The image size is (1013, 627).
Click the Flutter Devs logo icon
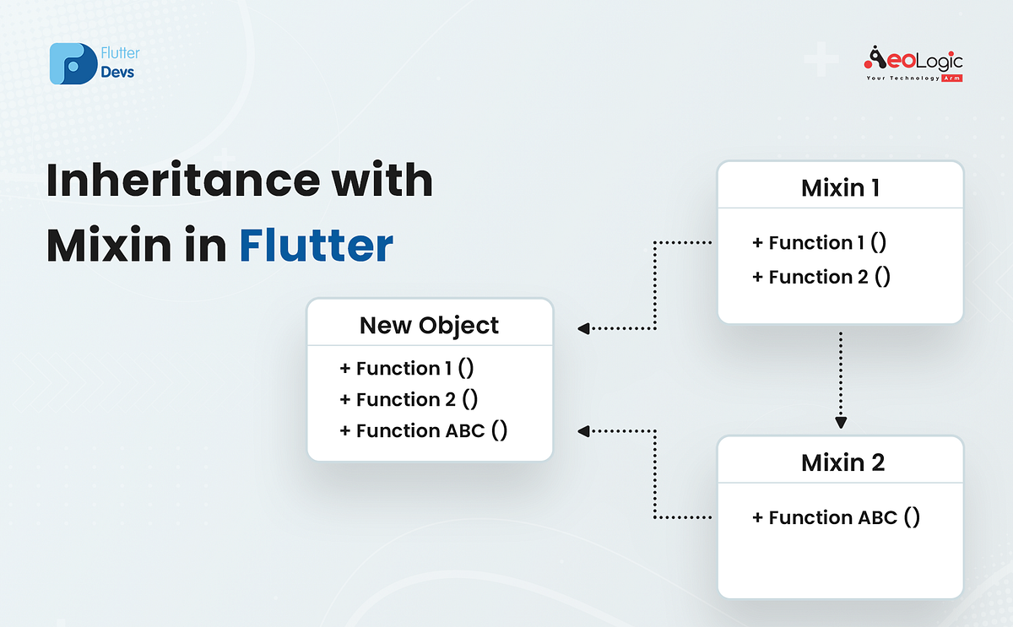(73, 63)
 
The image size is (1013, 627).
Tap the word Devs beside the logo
(117, 72)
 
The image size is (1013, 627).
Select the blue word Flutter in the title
(316, 246)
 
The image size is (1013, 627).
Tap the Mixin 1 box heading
(840, 187)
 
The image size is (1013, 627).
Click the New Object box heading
(429, 325)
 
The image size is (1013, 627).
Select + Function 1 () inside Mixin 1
(819, 243)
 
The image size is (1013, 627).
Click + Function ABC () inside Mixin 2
(836, 517)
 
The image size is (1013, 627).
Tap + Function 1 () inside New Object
(409, 368)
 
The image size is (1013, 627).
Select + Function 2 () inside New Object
(409, 399)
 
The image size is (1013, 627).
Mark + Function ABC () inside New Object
(423, 430)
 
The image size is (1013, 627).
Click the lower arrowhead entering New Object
(584, 431)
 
